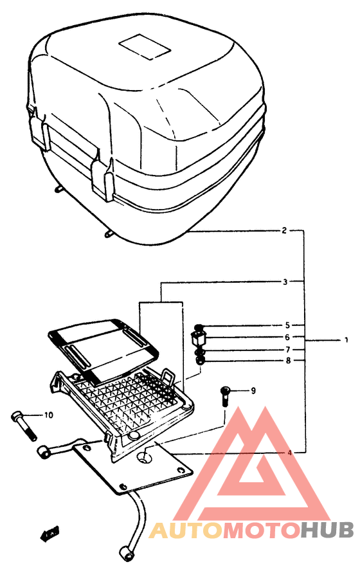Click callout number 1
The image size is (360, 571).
pyautogui.click(x=345, y=339)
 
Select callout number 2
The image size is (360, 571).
pyautogui.click(x=283, y=230)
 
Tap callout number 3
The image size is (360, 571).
pyautogui.click(x=283, y=281)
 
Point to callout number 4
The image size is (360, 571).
pyautogui.click(x=290, y=453)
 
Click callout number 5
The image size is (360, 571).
pyautogui.click(x=288, y=325)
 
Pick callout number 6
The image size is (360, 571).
pyautogui.click(x=288, y=337)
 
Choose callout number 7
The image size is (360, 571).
pyautogui.click(x=288, y=349)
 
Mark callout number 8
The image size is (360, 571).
pyautogui.click(x=288, y=361)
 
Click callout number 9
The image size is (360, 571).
pyautogui.click(x=253, y=390)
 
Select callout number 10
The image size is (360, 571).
pyautogui.click(x=48, y=415)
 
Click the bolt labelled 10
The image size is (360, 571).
pyautogui.click(x=22, y=425)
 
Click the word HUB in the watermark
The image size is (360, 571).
pyautogui.click(x=327, y=530)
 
